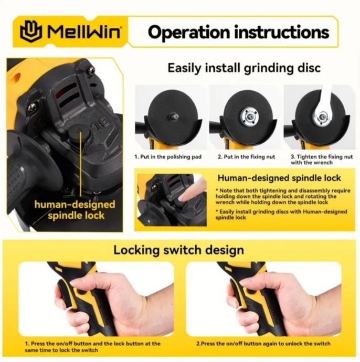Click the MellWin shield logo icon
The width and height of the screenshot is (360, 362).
31,31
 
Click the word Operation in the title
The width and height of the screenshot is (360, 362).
189,32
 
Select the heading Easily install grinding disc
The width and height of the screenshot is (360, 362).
244,68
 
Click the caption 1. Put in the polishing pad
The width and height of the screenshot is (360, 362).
168,157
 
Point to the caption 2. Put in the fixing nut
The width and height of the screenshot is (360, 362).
246,157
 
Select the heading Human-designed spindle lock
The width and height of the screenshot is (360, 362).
279,178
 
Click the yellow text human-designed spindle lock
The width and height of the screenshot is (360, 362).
75,210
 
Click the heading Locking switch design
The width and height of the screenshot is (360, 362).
178,250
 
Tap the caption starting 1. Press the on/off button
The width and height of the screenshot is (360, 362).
92,347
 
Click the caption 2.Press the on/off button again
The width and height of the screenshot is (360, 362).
263,344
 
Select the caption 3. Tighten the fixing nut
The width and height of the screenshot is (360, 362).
322,159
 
